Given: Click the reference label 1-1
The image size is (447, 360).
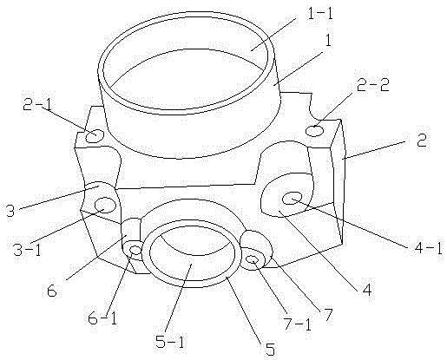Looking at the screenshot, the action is pos(320,14).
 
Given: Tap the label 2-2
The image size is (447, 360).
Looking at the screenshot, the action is pos(373,85).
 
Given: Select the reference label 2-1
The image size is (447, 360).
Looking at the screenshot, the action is pos(36,105).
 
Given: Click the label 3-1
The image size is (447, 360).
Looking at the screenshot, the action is pos(28,249).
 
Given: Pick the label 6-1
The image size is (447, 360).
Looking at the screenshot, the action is pos(102,318).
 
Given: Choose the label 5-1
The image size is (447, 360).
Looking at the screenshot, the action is pos(170,341).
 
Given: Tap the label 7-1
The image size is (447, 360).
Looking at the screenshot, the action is pos(298,324).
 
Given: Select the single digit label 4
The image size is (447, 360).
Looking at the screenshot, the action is pos(366,289).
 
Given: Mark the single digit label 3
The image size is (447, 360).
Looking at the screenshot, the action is pos(10,210).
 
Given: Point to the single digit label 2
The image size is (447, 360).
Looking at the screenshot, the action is pos(422,141).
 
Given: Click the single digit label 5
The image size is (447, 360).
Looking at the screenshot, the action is pos(270,349).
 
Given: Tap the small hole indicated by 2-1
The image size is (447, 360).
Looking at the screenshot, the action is pos(95,136).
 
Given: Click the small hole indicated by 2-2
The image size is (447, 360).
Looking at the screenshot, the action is pos(315,131).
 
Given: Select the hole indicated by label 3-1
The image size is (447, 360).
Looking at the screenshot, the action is pos(105,205).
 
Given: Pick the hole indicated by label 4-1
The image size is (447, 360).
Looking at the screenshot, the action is pos(293,199).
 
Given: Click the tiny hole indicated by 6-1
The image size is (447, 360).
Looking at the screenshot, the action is pos(135,249).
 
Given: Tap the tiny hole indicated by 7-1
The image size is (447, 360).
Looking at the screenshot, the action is pos(253,260).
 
